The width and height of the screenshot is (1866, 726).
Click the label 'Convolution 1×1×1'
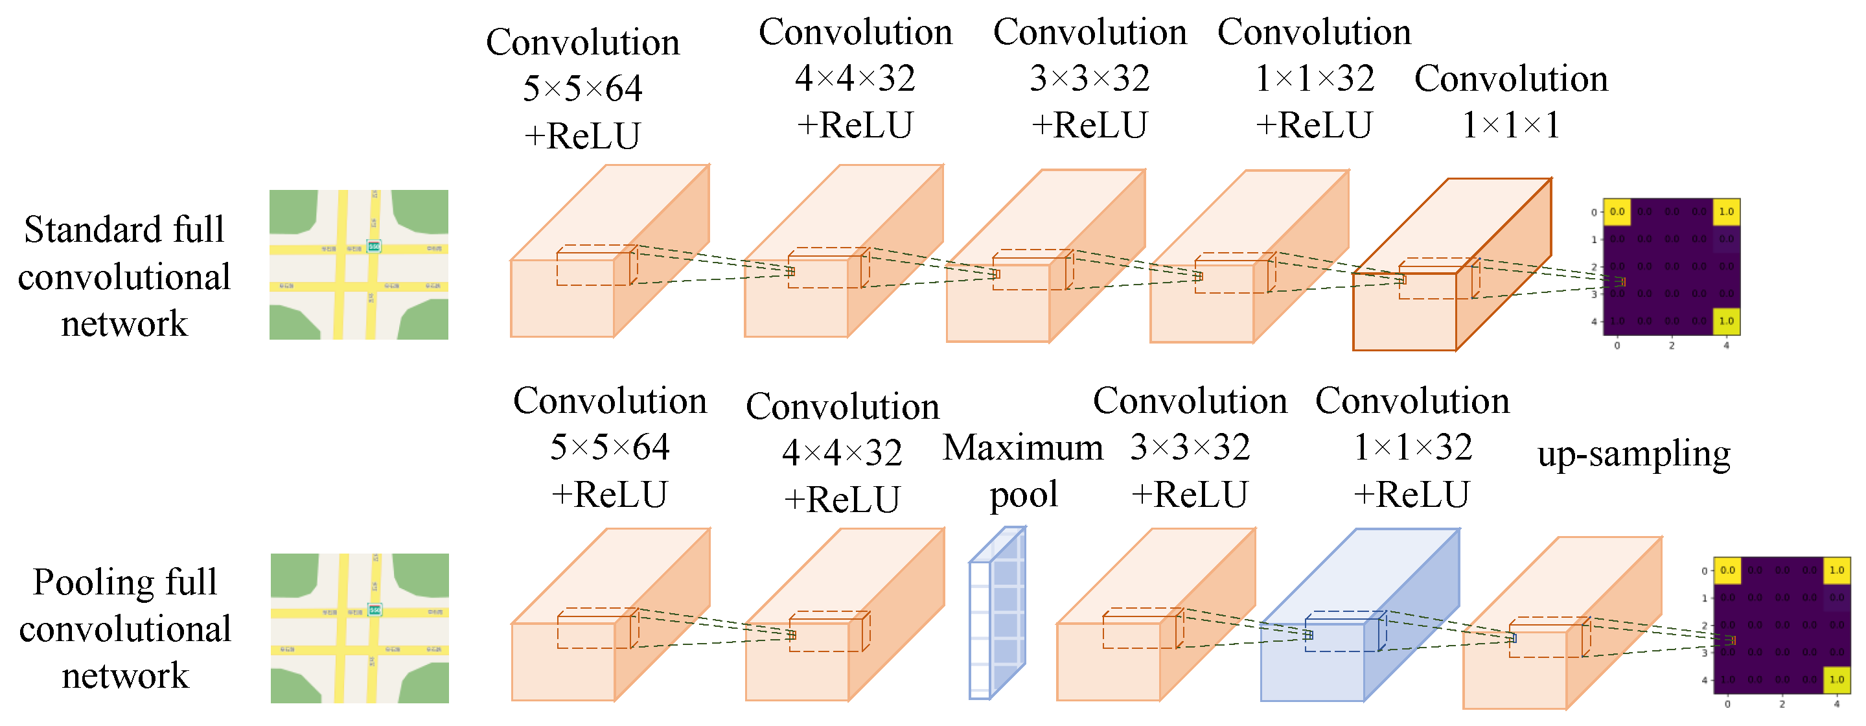pos(1511,101)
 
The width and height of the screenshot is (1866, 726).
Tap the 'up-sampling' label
pos(1633,455)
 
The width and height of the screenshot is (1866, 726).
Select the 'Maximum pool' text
pos(1023,471)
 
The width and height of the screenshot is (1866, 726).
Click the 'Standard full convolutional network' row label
pos(124,276)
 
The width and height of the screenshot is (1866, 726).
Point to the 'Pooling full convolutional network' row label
pos(124,628)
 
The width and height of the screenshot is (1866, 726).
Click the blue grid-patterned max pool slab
pos(998,613)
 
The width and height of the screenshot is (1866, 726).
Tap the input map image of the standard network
pos(358,264)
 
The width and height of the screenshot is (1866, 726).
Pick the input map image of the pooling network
pos(360,628)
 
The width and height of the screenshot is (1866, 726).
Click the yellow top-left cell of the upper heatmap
pos(1617,211)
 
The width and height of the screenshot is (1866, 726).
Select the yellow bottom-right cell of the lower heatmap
pos(1836,679)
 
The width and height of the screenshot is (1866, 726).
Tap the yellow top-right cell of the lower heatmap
pos(1836,570)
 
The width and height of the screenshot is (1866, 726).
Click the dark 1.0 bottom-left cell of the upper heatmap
pos(1617,321)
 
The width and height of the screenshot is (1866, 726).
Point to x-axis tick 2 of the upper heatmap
pos(1672,345)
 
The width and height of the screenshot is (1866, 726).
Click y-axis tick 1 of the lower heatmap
pos(1705,598)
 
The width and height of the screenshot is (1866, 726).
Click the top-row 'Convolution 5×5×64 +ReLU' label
pos(582,89)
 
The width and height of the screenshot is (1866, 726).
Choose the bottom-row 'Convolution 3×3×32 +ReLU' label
pos(1190,448)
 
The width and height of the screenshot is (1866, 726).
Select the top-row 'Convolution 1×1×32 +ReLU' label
pos(1314,78)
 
